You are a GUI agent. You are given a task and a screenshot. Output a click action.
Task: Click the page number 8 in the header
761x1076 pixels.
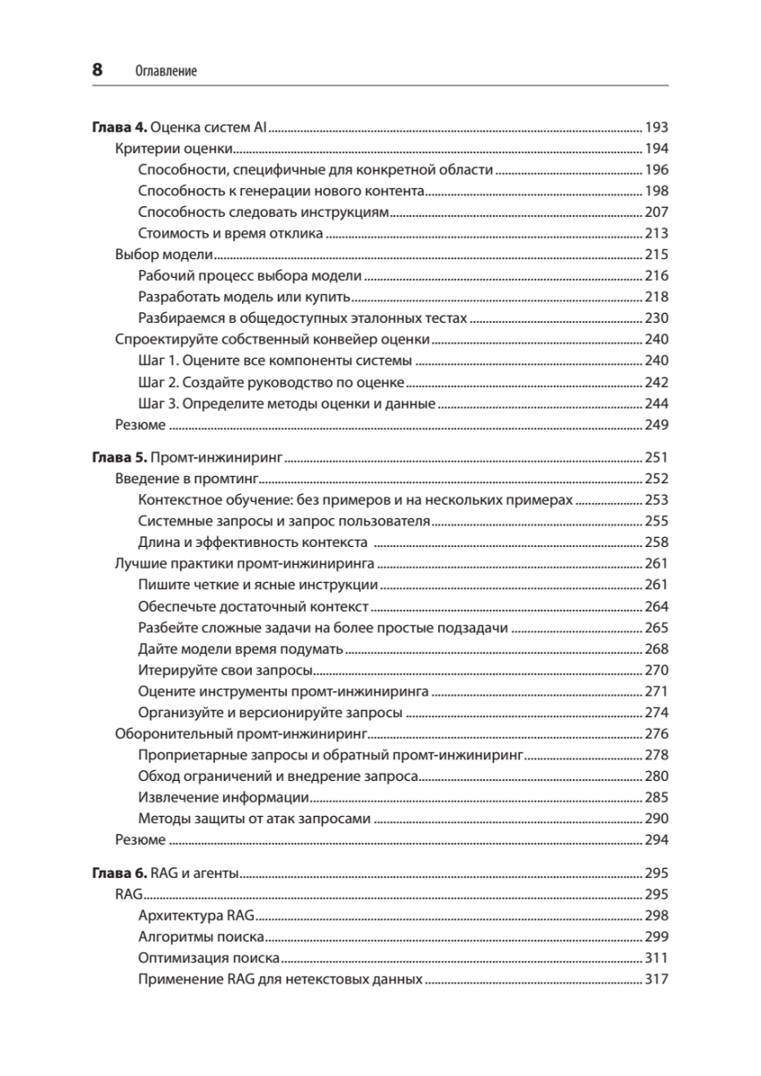point(98,69)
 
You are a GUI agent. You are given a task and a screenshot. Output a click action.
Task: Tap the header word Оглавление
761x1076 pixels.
point(166,70)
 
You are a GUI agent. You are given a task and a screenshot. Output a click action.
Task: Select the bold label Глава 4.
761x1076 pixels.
point(120,126)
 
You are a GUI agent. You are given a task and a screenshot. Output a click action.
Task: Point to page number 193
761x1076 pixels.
point(656,126)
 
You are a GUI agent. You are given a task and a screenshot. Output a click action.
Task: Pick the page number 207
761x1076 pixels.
point(656,213)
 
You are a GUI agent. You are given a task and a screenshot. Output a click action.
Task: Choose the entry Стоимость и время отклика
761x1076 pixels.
point(231,234)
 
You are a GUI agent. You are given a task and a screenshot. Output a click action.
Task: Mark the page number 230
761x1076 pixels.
point(656,318)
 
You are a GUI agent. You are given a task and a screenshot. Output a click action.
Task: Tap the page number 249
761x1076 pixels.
point(656,425)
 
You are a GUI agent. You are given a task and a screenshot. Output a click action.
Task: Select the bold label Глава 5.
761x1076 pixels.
point(120,457)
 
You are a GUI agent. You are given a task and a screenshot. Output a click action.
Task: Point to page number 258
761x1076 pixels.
point(656,542)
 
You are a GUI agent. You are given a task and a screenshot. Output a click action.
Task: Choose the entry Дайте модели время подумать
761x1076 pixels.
point(241,649)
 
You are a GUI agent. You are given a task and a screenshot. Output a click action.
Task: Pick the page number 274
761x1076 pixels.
point(656,714)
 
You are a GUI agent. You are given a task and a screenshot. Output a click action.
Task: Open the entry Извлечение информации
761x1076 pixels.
point(224,798)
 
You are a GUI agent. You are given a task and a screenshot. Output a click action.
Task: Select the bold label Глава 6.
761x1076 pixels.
point(120,873)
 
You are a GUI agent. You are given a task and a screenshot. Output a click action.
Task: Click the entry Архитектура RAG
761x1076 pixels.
point(197,916)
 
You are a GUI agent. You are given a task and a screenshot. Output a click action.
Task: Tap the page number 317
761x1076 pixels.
point(656,980)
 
